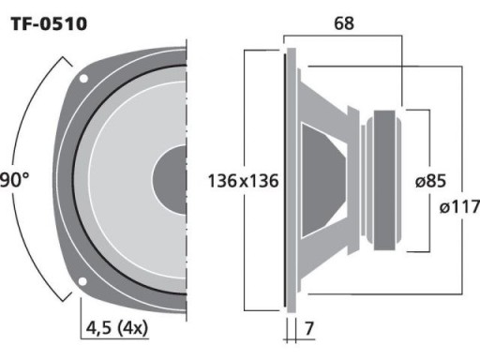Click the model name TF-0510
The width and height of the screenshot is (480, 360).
coord(49,23)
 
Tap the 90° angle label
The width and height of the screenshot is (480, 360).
coord(14,180)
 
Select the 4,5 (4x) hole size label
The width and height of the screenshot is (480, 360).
coord(117,328)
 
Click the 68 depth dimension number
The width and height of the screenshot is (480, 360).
coord(344,23)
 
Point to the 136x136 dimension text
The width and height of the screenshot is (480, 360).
coord(243,181)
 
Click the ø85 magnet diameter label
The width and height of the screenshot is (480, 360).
coord(430,181)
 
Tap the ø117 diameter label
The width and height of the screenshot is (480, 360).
coord(459,206)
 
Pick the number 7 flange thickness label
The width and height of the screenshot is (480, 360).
coord(308,328)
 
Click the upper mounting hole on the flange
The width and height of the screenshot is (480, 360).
coord(83,79)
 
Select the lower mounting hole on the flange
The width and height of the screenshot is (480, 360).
coord(82,281)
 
